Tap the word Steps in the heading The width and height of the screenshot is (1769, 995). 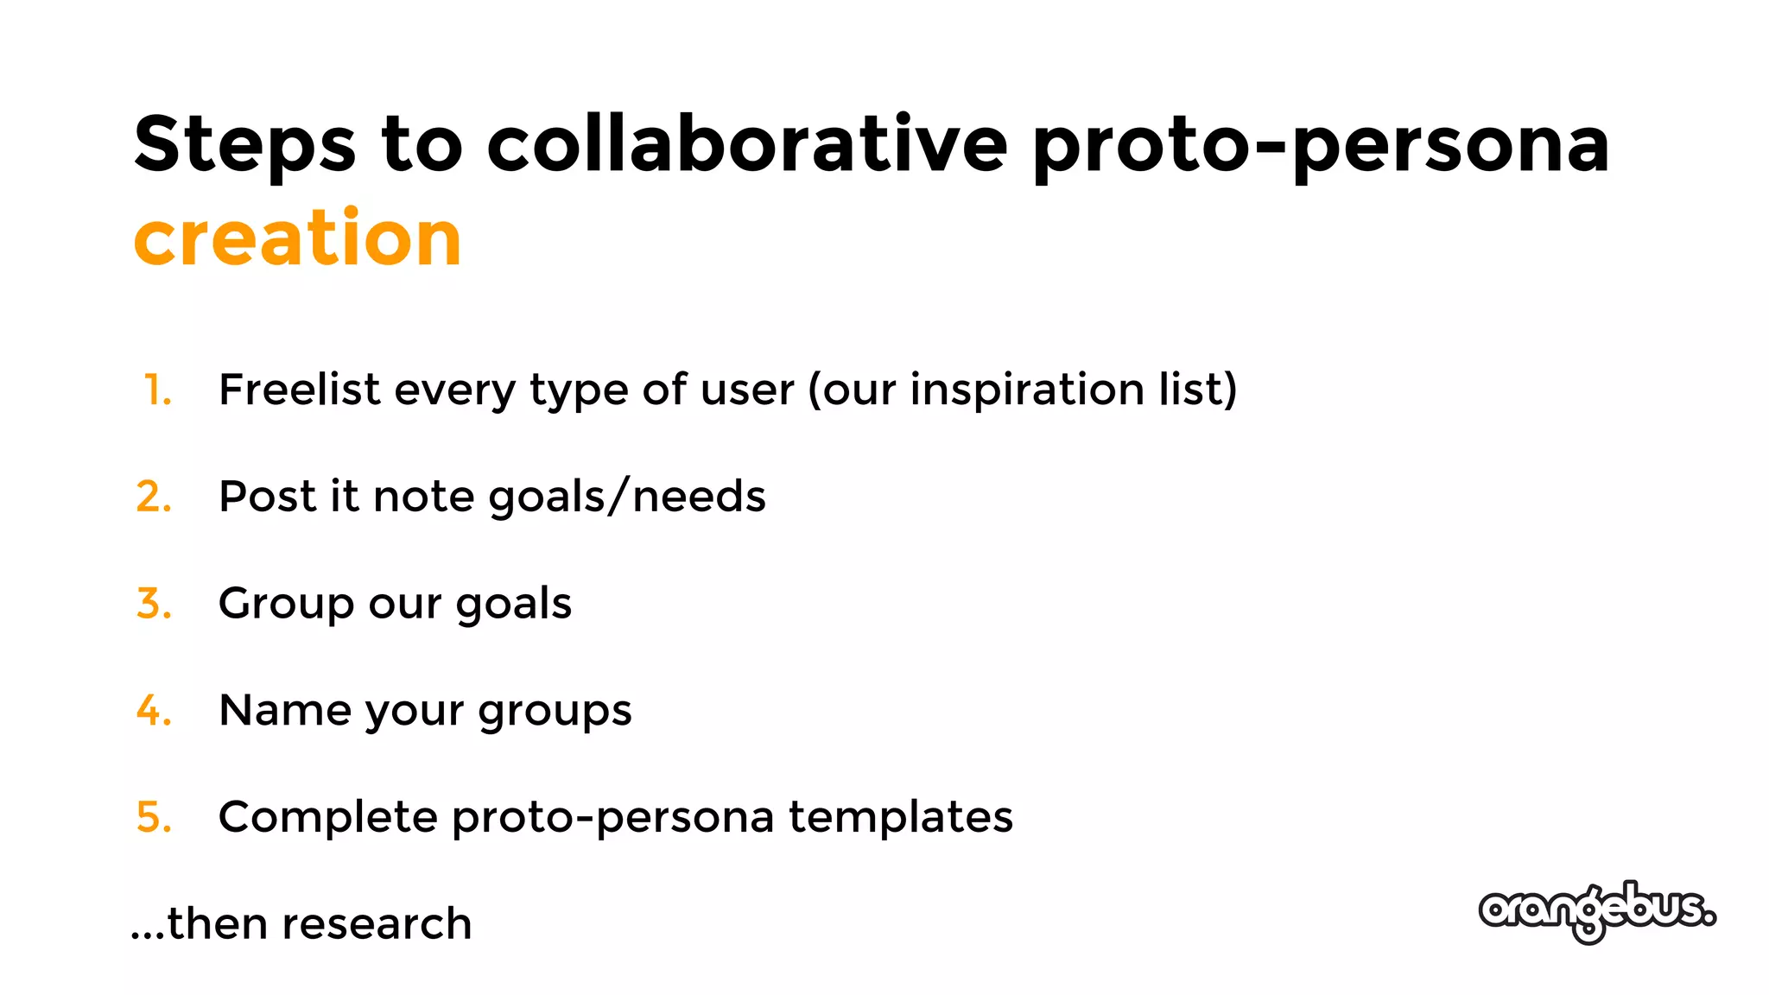(x=244, y=145)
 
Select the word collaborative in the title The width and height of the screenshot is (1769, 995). (x=747, y=143)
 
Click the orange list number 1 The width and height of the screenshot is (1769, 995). (x=157, y=390)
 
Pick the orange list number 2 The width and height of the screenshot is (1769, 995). (x=154, y=497)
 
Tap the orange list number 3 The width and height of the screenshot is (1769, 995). (x=154, y=604)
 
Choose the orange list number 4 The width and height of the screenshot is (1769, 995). (x=154, y=711)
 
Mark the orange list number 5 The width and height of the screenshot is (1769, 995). (x=154, y=817)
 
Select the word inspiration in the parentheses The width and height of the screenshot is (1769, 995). (x=1027, y=390)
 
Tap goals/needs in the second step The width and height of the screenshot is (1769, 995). (x=627, y=497)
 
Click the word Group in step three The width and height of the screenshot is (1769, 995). (x=286, y=604)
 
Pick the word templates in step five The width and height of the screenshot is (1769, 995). (x=900, y=817)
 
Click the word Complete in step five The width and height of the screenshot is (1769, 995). (x=327, y=817)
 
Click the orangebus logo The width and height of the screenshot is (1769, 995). (x=1596, y=911)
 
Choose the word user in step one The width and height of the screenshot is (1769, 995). (x=747, y=391)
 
